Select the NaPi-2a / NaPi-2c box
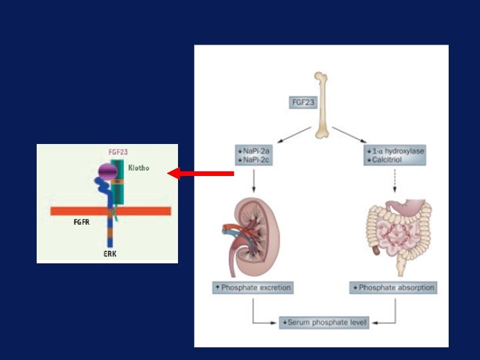254,155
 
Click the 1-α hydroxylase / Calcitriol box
395,155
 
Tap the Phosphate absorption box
393,288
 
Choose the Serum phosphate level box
324,323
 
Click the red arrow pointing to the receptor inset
200,173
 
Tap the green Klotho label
139,168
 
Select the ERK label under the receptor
110,254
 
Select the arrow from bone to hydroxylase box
350,133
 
